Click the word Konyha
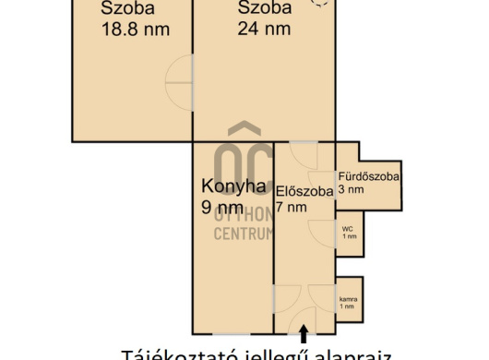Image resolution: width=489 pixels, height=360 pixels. (x=233, y=186)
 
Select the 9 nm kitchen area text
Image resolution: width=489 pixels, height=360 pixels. (x=221, y=207)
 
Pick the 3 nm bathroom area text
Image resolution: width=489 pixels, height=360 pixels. (x=352, y=189)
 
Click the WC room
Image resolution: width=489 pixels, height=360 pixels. (x=348, y=232)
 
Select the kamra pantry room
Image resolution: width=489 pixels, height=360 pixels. (x=347, y=300)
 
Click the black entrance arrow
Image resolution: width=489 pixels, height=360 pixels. (x=304, y=326)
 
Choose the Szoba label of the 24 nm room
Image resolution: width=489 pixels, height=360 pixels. (x=265, y=8)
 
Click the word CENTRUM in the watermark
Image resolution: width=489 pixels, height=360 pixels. (x=244, y=234)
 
